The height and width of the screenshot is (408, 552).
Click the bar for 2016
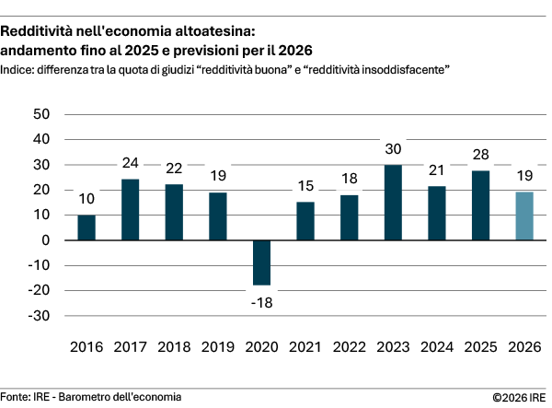pyautogui.click(x=86, y=227)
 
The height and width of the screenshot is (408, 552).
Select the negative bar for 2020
pyautogui.click(x=261, y=262)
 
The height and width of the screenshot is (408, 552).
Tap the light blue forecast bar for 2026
pyautogui.click(x=523, y=216)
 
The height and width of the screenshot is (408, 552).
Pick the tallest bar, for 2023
pyautogui.click(x=392, y=203)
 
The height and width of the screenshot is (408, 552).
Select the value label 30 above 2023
pyautogui.click(x=392, y=149)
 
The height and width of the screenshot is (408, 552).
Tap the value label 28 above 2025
pyautogui.click(x=479, y=154)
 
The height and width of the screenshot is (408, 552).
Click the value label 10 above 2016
pyautogui.click(x=86, y=199)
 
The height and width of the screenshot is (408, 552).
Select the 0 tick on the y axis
pyautogui.click(x=45, y=240)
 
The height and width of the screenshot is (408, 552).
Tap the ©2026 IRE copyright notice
pyautogui.click(x=521, y=397)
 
